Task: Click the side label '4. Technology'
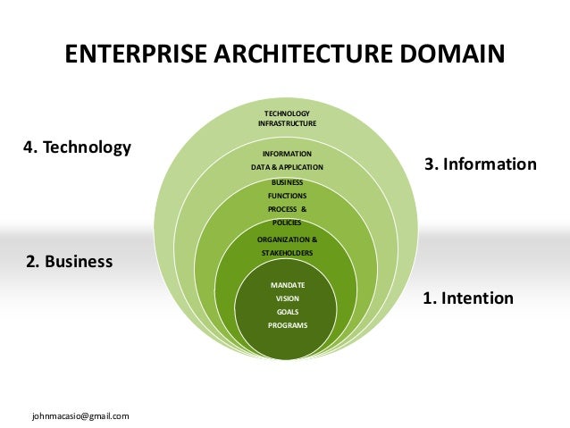[77, 147]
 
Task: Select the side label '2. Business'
[69, 262]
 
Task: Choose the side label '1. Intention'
[468, 298]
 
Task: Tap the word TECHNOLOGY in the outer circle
[287, 113]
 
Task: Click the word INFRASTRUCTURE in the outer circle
[287, 123]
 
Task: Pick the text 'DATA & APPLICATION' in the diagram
[287, 167]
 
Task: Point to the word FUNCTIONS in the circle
[287, 195]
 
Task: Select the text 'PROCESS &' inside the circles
[287, 208]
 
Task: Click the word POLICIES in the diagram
[287, 222]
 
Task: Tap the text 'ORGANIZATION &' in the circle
[287, 240]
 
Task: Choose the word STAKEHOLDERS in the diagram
[287, 254]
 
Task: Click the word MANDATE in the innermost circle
[287, 284]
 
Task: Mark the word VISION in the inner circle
[287, 298]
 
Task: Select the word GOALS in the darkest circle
[287, 312]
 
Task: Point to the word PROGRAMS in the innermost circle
[287, 325]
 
